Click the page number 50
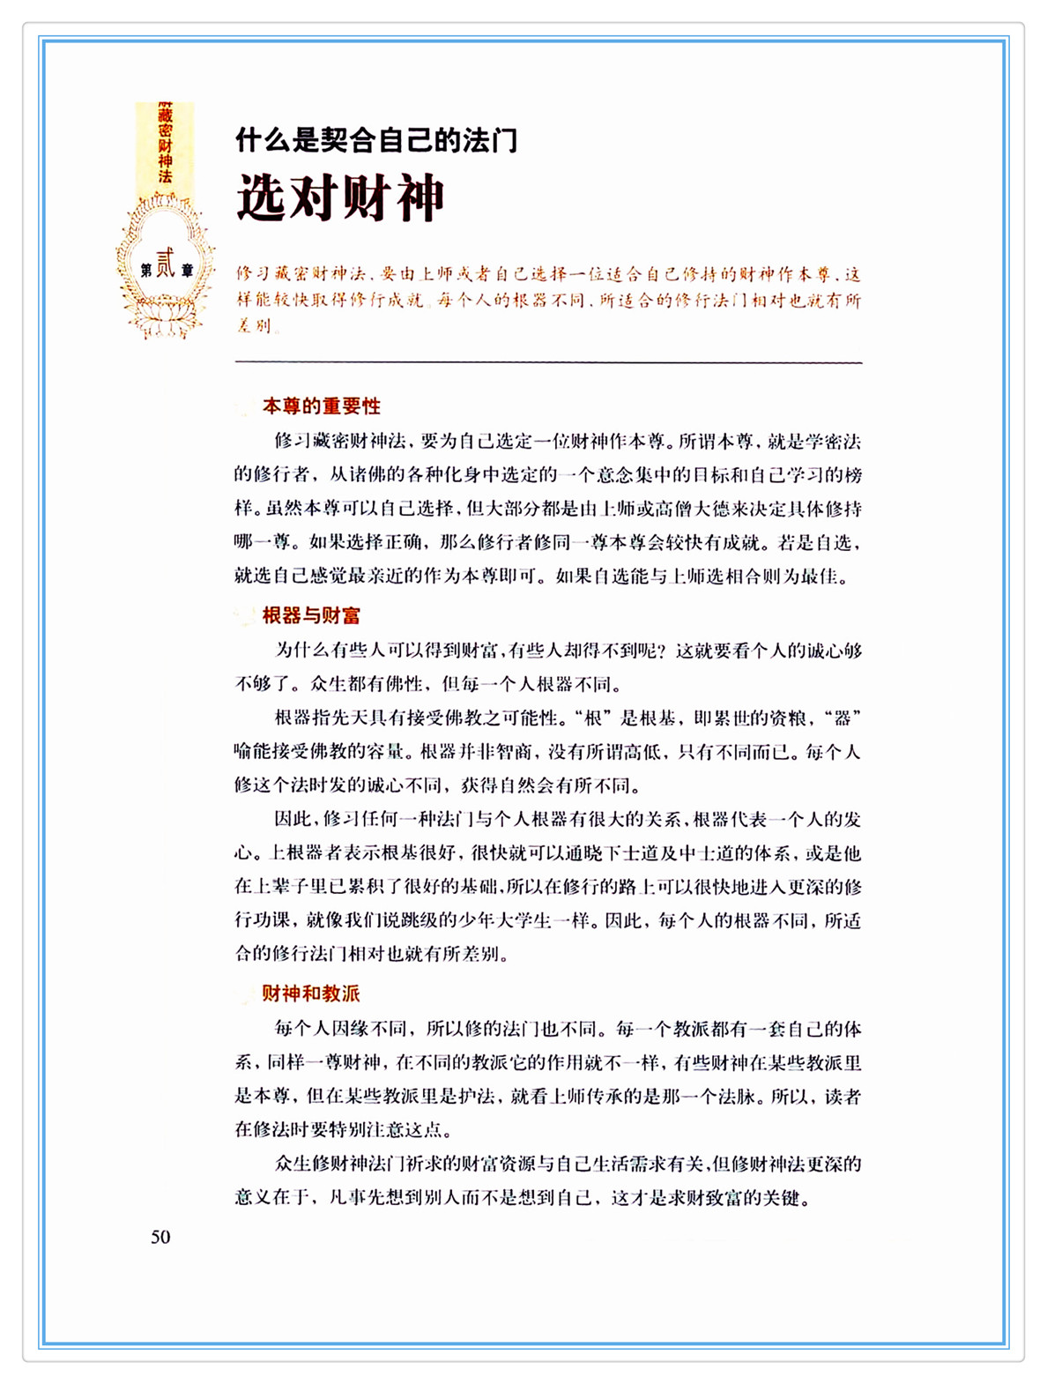click(160, 1237)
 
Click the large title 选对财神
click(340, 198)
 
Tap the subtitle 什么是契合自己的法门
click(376, 140)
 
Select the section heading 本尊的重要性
click(321, 406)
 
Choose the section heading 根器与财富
click(311, 615)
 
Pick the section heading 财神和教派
click(310, 993)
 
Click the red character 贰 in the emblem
click(165, 264)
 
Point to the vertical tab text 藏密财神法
click(165, 145)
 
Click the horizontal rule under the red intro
click(548, 361)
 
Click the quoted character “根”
click(592, 718)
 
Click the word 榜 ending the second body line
click(853, 475)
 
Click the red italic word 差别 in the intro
click(254, 325)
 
